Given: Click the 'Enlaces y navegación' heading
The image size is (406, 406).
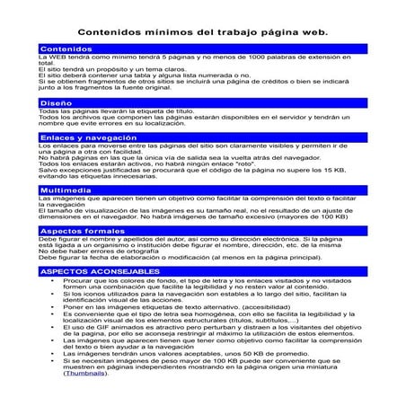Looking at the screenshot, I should [75, 137].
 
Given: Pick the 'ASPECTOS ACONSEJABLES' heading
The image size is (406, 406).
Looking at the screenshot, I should [87, 269].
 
